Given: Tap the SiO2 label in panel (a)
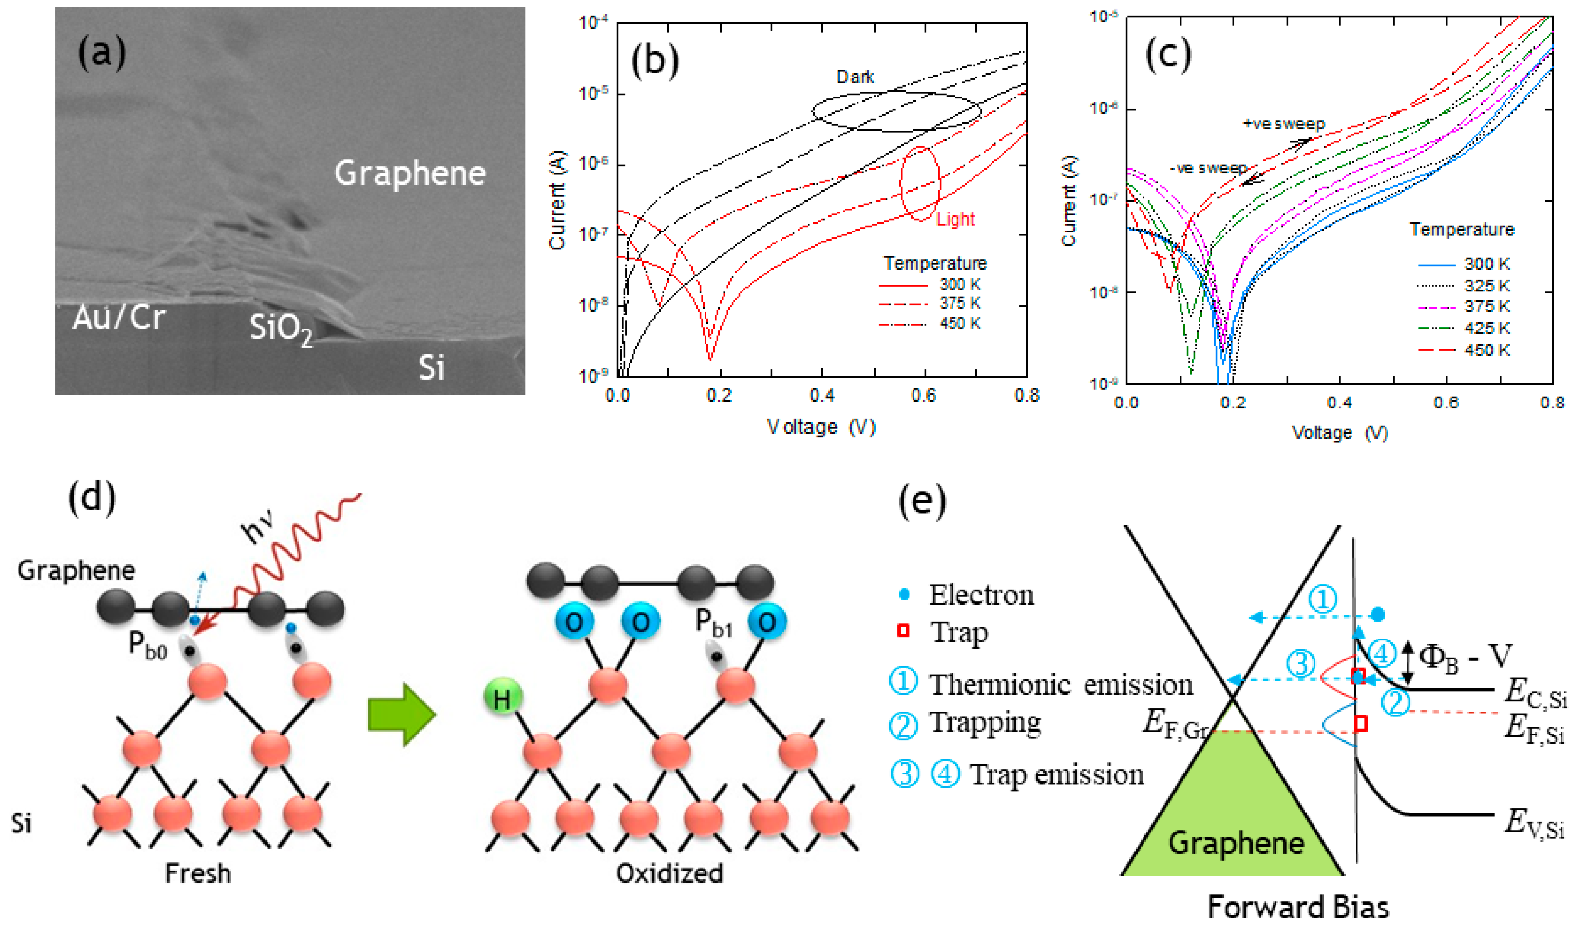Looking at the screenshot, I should pyautogui.click(x=281, y=328).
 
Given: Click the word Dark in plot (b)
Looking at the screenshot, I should pyautogui.click(x=855, y=77).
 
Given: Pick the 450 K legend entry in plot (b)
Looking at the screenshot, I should pyautogui.click(x=959, y=323).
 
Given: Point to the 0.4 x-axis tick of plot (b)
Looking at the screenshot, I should pyautogui.click(x=822, y=395).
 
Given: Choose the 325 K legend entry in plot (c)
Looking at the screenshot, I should pyautogui.click(x=1486, y=286).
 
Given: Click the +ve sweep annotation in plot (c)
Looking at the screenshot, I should pyautogui.click(x=1284, y=124).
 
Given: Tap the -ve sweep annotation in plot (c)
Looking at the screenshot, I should pyautogui.click(x=1208, y=168).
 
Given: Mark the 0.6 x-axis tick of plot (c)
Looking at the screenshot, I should pyautogui.click(x=1446, y=403).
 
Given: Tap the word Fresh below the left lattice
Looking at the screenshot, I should pyautogui.click(x=198, y=873).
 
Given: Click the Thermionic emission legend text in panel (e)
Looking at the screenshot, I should pyautogui.click(x=1060, y=685).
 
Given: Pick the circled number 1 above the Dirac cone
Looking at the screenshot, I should pyautogui.click(x=1322, y=600).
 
